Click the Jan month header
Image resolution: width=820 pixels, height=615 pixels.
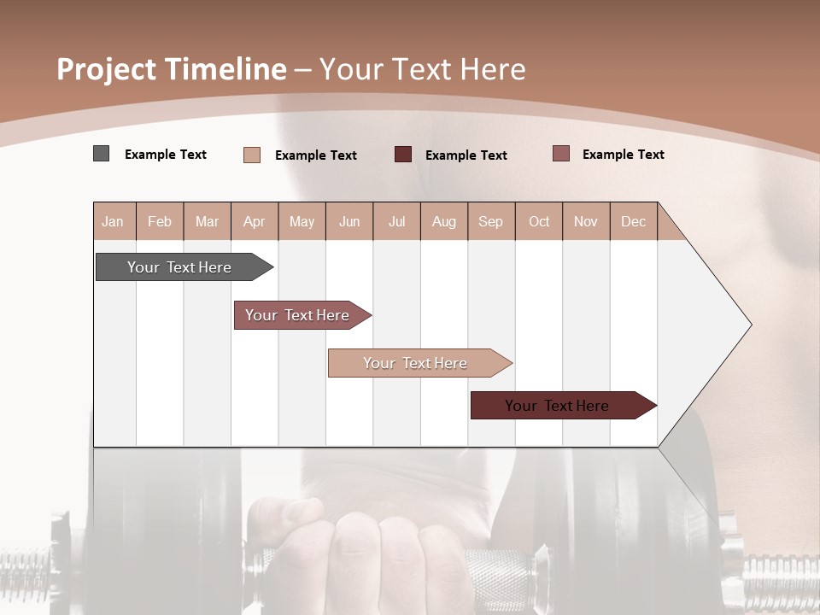click(x=113, y=221)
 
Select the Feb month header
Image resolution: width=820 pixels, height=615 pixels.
click(x=160, y=221)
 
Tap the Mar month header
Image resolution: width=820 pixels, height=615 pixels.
click(x=207, y=221)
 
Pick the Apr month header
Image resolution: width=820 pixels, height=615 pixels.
click(x=255, y=221)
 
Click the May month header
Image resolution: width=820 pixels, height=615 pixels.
click(x=302, y=221)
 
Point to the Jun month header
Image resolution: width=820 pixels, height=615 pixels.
click(x=349, y=221)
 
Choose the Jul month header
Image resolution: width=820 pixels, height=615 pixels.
click(x=396, y=221)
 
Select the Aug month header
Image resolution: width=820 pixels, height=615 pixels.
click(x=444, y=221)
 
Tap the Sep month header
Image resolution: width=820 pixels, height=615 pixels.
click(x=491, y=221)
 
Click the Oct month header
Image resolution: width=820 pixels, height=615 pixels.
click(x=539, y=221)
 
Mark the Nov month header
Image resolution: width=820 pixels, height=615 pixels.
click(x=586, y=221)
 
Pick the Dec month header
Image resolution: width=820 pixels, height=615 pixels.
click(x=634, y=221)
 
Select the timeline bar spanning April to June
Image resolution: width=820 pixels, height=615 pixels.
click(x=299, y=315)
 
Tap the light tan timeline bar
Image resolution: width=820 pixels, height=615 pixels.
click(x=417, y=363)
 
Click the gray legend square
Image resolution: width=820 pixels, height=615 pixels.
click(x=102, y=154)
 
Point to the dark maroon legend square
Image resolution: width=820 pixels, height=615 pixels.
click(x=403, y=155)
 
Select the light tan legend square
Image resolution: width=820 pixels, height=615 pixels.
click(x=252, y=155)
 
